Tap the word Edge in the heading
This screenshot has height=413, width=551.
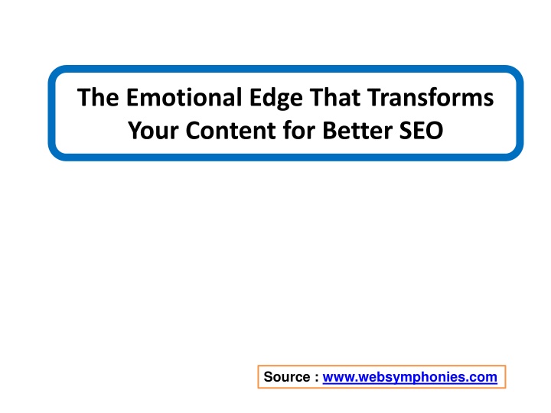click(275, 99)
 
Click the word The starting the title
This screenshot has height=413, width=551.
click(98, 97)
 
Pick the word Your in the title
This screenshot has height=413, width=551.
click(153, 131)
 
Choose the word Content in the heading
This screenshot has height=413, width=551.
click(231, 131)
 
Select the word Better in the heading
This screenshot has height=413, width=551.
click(357, 131)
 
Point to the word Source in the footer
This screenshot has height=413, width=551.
click(287, 377)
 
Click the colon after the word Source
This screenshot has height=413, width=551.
click(317, 379)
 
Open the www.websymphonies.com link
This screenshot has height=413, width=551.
click(409, 377)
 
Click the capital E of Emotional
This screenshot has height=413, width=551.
click(132, 97)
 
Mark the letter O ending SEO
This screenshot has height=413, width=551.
click(435, 131)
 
